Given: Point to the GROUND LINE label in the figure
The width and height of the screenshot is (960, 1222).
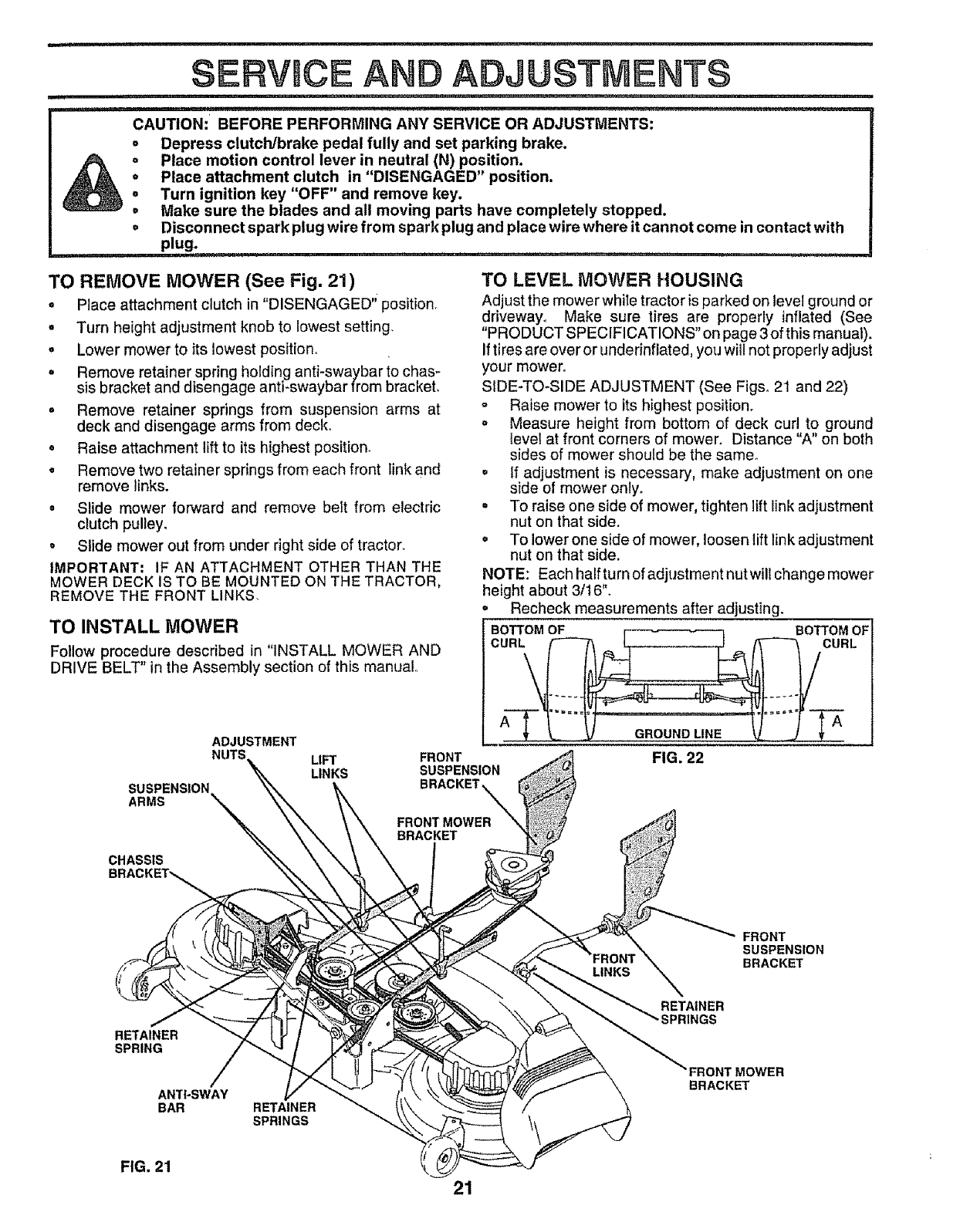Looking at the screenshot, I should (678, 733).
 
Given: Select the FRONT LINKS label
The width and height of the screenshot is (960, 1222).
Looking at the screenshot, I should (614, 964).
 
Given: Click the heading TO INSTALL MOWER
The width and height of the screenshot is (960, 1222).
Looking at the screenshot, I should (143, 623).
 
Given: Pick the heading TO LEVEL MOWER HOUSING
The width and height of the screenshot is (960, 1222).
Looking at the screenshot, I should (612, 278).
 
